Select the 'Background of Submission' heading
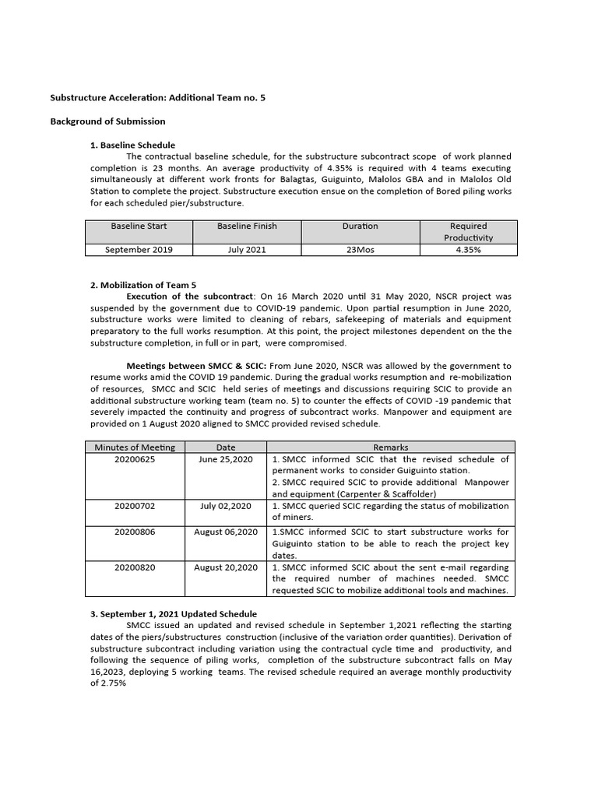click(107, 121)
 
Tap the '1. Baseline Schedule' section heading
click(133, 145)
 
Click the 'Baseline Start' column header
click(139, 226)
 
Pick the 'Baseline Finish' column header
click(247, 226)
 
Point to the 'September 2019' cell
click(139, 250)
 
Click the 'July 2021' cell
click(247, 250)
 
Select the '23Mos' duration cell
click(360, 250)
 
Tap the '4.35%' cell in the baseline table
click(468, 250)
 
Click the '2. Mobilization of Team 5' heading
click(144, 285)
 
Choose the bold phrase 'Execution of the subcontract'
click(190, 297)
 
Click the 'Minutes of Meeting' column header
click(135, 447)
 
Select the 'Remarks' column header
click(390, 447)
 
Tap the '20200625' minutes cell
click(135, 459)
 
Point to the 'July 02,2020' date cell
click(226, 505)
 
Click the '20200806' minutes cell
click(135, 532)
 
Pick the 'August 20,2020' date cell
click(226, 567)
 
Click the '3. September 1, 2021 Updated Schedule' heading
click(174, 614)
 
